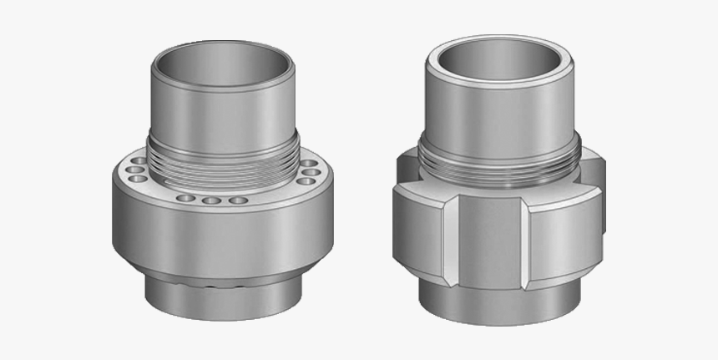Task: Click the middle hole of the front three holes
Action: pos(212,200)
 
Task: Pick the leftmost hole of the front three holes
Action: pos(186,198)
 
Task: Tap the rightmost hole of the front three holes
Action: pos(239,200)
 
